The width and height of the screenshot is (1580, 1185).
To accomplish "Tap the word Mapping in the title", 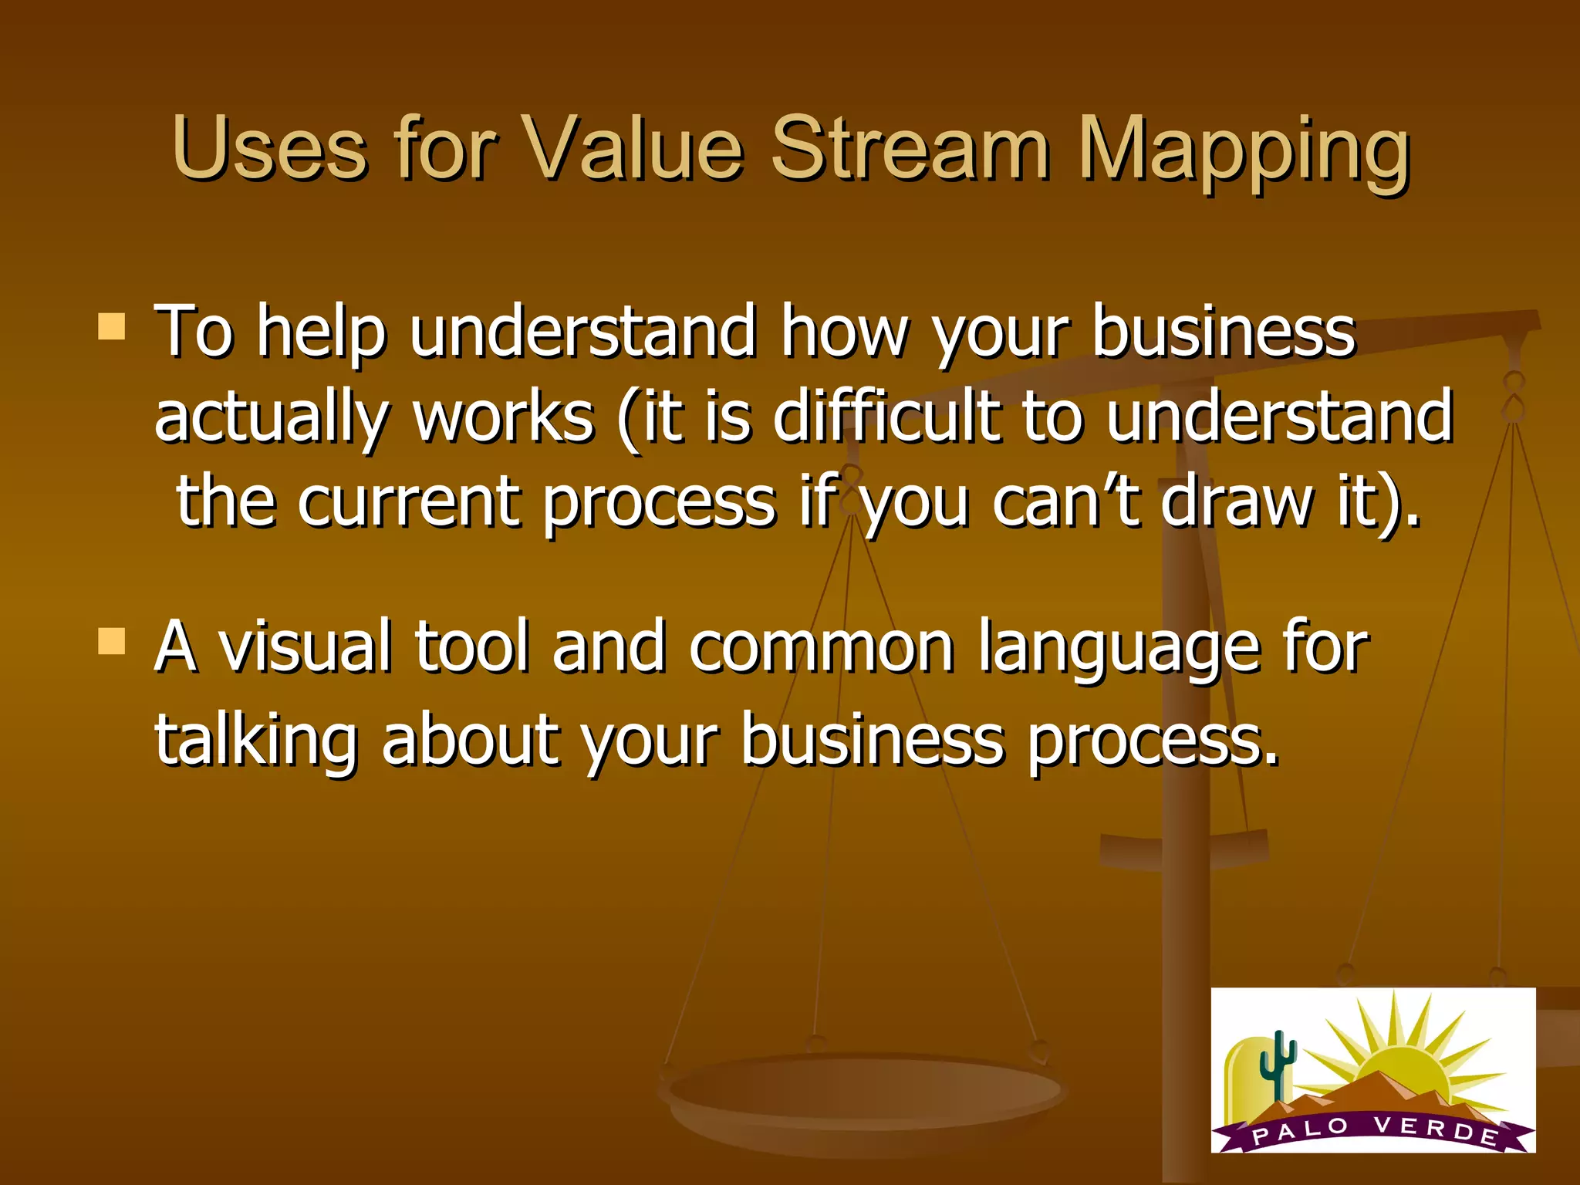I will pyautogui.click(x=1244, y=150).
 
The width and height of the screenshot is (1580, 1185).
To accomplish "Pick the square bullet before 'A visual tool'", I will pyautogui.click(x=112, y=641).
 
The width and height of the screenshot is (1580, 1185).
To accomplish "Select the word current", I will pyautogui.click(x=408, y=501).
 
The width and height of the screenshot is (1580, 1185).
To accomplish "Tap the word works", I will pyautogui.click(x=504, y=417).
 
